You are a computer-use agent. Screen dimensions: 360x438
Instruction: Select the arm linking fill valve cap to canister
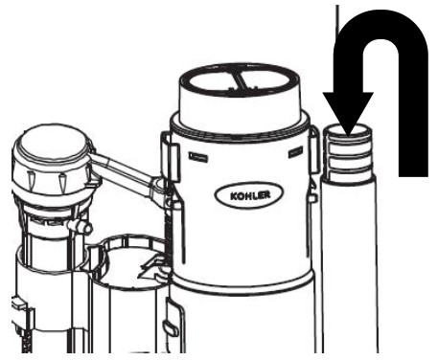[129, 177]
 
